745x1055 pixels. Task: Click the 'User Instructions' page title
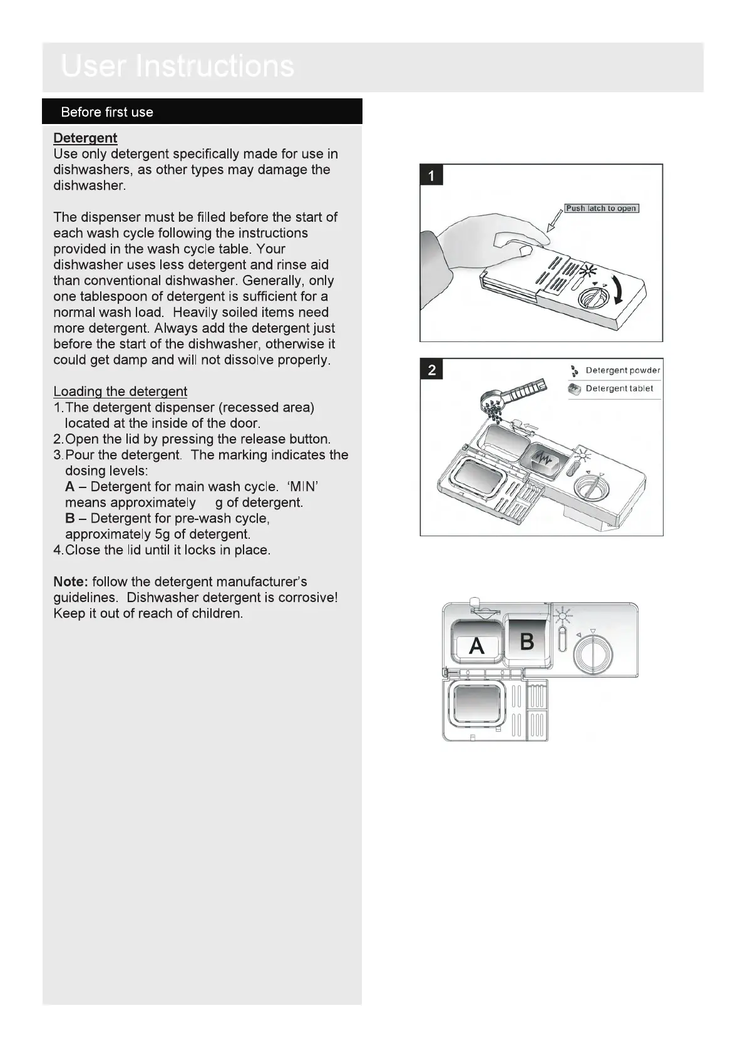[x=178, y=66]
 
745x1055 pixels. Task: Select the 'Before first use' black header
[x=107, y=112]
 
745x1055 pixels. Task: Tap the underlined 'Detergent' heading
[x=85, y=138]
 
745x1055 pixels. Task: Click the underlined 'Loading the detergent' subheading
[x=120, y=392]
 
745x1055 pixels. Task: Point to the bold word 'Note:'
[x=71, y=582]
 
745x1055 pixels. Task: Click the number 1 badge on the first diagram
[x=431, y=175]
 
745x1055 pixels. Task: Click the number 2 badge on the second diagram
[x=431, y=370]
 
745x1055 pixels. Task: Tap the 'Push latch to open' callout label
[x=601, y=209]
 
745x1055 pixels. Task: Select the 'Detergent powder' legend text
[x=622, y=370]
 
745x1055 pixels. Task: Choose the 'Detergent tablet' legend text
[x=619, y=388]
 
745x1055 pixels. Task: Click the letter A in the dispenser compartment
[x=476, y=645]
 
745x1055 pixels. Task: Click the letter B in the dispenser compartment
[x=527, y=641]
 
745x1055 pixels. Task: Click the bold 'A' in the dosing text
[x=69, y=487]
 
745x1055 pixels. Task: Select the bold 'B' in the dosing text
[x=69, y=519]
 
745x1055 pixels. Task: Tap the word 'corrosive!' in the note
[x=308, y=598]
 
